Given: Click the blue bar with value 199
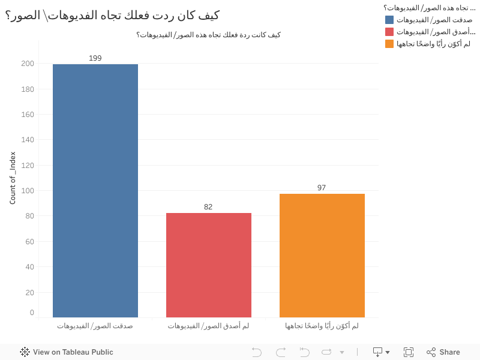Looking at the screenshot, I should click(95, 191).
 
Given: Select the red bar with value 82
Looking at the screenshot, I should click(209, 265).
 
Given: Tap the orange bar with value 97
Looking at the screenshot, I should click(322, 255).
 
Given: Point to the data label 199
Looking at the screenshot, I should click(95, 58).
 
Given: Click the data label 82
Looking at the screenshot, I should click(208, 207).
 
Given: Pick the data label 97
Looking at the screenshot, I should click(322, 188).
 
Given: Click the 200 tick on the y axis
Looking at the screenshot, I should click(27, 64).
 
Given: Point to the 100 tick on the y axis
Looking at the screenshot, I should click(27, 191).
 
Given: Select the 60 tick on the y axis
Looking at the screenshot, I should click(29, 242).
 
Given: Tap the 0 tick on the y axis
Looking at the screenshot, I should click(32, 313).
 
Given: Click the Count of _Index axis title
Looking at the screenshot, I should click(13, 178).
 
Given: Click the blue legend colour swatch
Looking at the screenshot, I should click(389, 20).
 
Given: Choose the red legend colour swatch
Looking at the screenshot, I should click(389, 32).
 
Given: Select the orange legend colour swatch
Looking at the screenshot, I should click(389, 44).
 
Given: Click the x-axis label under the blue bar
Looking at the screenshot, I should click(95, 326).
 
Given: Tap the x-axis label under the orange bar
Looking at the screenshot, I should click(322, 326).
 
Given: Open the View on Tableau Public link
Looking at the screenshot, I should click(67, 352).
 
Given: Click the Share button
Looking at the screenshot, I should click(443, 352).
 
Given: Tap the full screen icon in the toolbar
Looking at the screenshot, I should click(409, 352).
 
